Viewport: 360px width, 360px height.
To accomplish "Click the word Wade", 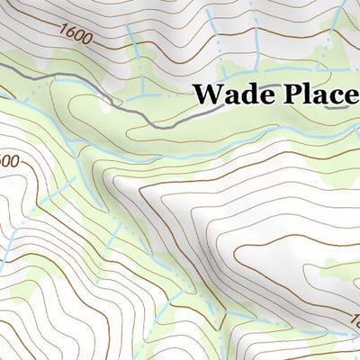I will (x=232, y=94).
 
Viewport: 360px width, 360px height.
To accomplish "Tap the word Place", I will (x=319, y=94).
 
